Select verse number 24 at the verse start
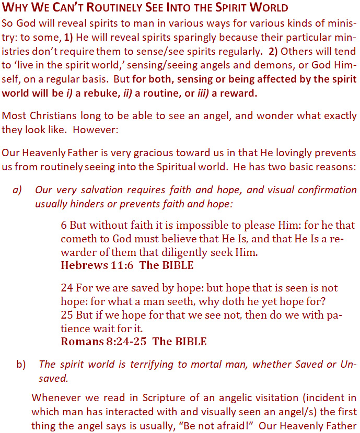(67, 288)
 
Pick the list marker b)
(21, 364)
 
